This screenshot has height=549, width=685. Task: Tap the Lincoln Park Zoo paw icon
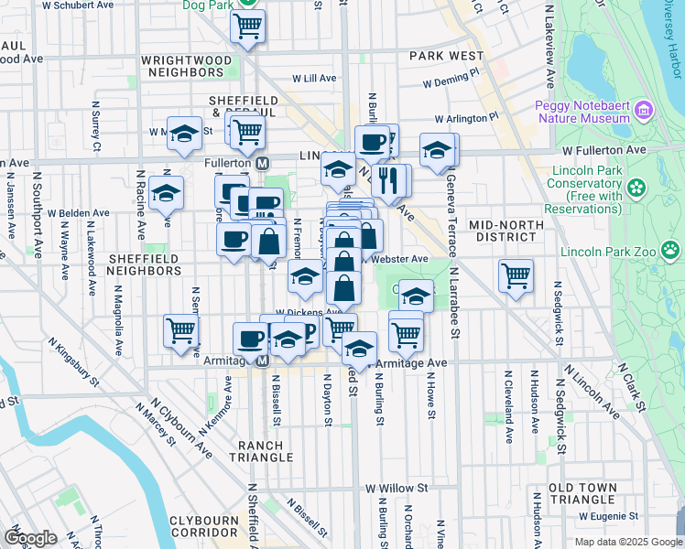(671, 249)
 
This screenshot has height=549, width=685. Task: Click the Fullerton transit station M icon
(262, 163)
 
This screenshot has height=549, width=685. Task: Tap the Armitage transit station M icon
(261, 361)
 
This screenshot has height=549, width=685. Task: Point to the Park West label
(446, 56)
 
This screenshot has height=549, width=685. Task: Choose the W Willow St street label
(397, 489)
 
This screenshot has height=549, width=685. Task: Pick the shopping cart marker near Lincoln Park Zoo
(516, 274)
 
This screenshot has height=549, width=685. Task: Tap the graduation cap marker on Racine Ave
(166, 192)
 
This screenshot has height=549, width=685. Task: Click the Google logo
(29, 538)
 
